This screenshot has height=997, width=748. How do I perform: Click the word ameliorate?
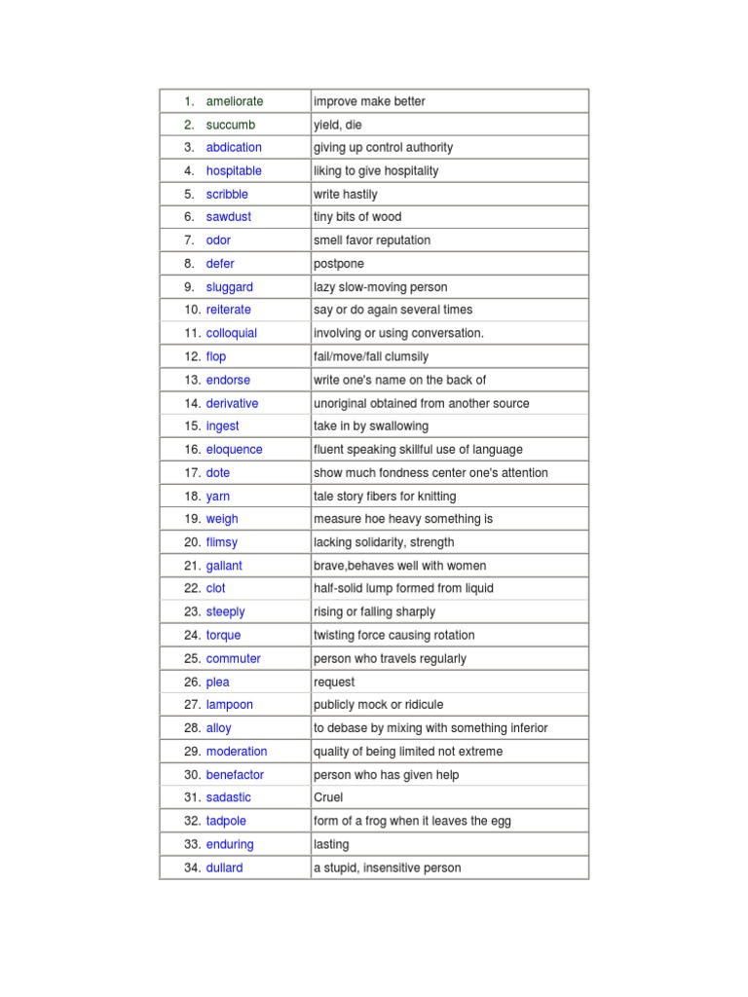tap(235, 101)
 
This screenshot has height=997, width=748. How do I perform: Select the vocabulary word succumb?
tap(230, 125)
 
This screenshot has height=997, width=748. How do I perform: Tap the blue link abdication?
tap(234, 147)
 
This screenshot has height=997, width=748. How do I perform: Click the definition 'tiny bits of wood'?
tap(356, 217)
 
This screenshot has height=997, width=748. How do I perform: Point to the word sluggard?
tap(229, 287)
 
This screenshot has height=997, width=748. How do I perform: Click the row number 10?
tap(192, 310)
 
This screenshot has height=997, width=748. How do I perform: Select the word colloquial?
tap(232, 333)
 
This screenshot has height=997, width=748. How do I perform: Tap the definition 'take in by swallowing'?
tap(370, 426)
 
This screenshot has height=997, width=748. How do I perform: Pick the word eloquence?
tap(234, 450)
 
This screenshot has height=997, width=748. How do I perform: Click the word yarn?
tap(218, 497)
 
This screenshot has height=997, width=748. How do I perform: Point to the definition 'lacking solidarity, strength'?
tap(383, 542)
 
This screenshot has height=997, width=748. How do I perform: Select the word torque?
tap(223, 635)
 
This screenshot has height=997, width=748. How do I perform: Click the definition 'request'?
tap(334, 683)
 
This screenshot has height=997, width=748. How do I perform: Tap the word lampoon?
tap(229, 705)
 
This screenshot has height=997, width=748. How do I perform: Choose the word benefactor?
tap(235, 775)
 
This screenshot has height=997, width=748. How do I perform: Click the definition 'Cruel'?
tap(328, 797)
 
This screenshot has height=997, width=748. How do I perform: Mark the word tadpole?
tap(226, 821)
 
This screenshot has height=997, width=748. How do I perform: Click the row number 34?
tap(192, 868)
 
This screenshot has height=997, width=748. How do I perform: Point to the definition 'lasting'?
tap(331, 844)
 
